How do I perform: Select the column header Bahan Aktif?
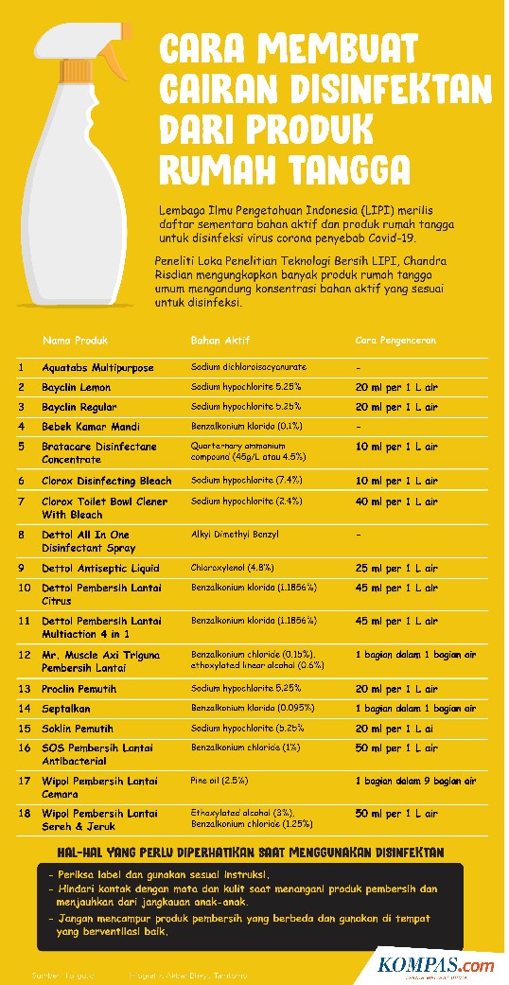pyautogui.click(x=219, y=340)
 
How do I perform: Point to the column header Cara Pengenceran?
pyautogui.click(x=395, y=340)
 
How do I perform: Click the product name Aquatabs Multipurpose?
pyautogui.click(x=97, y=367)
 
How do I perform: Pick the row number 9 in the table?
pyautogui.click(x=21, y=568)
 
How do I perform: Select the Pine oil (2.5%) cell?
pyautogui.click(x=219, y=782)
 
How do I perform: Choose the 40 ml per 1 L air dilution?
pyautogui.click(x=396, y=501)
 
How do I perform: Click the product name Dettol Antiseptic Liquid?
pyautogui.click(x=100, y=568)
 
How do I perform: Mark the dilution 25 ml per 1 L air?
pyautogui.click(x=396, y=568)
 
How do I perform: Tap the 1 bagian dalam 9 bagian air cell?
pyautogui.click(x=415, y=782)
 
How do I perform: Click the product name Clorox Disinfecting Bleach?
pyautogui.click(x=107, y=482)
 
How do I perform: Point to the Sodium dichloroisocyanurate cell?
pyautogui.click(x=249, y=367)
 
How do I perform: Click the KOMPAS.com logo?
pyautogui.click(x=435, y=966)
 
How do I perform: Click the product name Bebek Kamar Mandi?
pyautogui.click(x=91, y=427)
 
